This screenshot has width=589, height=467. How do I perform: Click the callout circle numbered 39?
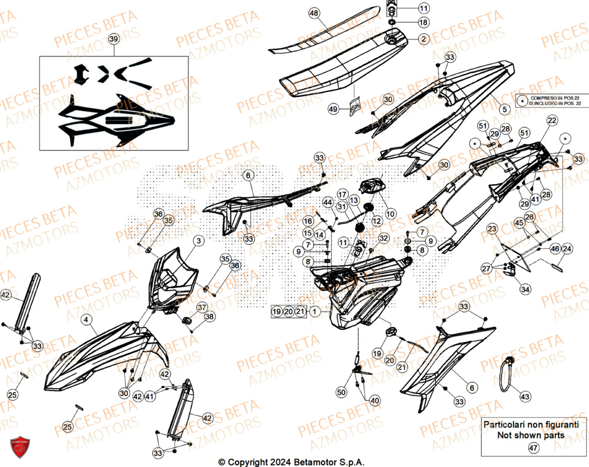114,39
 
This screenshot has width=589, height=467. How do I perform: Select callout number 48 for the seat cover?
313,13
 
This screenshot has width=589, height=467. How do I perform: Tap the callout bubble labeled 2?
423,39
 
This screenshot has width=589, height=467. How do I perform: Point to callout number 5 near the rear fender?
504,109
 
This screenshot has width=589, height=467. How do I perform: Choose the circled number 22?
551,121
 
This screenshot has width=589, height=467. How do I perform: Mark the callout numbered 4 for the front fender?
87,320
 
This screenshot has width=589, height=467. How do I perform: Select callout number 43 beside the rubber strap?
525,397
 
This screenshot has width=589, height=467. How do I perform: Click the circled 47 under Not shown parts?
534,449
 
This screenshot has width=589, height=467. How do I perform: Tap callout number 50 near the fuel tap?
341,392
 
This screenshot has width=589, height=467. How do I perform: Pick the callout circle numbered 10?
390,213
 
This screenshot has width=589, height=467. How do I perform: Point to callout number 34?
524,289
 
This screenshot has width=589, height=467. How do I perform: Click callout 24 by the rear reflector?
566,249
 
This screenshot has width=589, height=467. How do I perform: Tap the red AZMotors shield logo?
19,449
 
